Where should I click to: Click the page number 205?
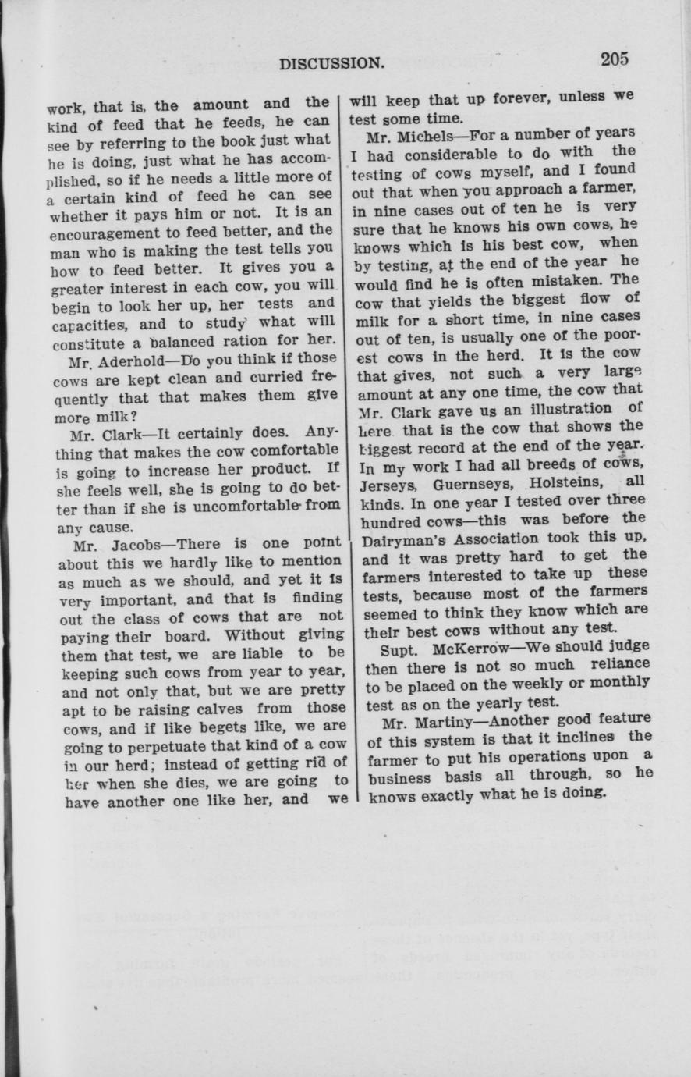[x=615, y=59]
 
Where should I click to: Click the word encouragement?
[x=101, y=232]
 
